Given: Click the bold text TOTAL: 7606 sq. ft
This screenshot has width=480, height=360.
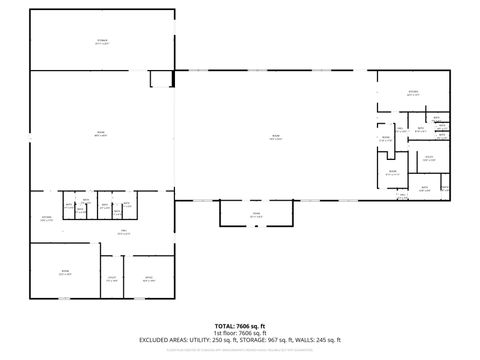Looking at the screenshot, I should tap(240, 325).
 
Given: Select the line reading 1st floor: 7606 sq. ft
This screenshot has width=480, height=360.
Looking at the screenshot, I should tap(240, 332).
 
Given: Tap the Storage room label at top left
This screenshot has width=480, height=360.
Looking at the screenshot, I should tap(102, 41).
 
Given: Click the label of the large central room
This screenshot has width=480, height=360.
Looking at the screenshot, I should tap(276, 136).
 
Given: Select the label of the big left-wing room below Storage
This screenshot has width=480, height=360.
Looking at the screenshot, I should tap(101, 133).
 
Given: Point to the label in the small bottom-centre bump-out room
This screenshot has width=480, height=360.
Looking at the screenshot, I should tap(255, 213).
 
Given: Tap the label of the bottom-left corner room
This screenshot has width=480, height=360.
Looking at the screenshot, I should tap(65, 271).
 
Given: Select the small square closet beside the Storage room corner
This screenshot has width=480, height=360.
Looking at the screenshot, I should tap(160, 79).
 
